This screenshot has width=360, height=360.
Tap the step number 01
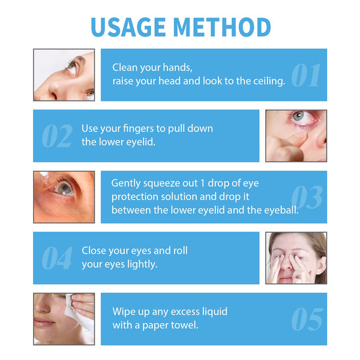306,76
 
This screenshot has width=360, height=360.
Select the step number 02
57,137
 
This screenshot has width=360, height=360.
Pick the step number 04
57,259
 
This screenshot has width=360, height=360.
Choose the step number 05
307,320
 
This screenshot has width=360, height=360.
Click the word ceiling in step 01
269,81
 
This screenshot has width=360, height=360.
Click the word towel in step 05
185,325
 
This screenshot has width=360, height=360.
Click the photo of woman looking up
64,75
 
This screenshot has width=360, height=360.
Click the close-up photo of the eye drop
64,197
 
